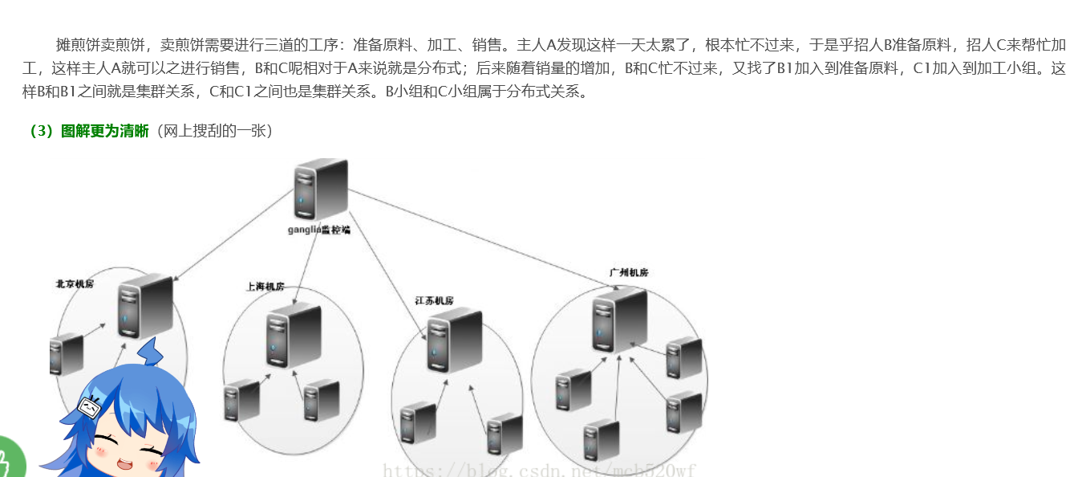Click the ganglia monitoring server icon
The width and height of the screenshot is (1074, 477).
coord(321,189)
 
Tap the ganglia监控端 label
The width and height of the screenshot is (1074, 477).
coord(319,230)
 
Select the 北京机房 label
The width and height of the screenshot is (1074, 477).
coord(75,284)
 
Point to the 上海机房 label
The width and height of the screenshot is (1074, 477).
coord(265,287)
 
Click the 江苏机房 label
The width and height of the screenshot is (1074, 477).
coord(435,301)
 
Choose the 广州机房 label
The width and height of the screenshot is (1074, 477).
coord(628,273)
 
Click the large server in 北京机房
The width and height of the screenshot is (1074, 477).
coord(145,306)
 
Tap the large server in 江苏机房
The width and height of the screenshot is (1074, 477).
coord(454,340)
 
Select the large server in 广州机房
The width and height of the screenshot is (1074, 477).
coord(619,320)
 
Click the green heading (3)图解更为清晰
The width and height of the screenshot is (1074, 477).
coord(88,132)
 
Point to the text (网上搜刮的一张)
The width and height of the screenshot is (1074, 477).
coord(215,132)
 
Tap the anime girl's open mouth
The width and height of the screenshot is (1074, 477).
coord(127,463)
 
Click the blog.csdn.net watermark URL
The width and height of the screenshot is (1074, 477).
coord(539,470)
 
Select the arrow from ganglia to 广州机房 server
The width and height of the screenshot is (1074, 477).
coord(481,233)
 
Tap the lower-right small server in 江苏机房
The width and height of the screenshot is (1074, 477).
coord(505,434)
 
